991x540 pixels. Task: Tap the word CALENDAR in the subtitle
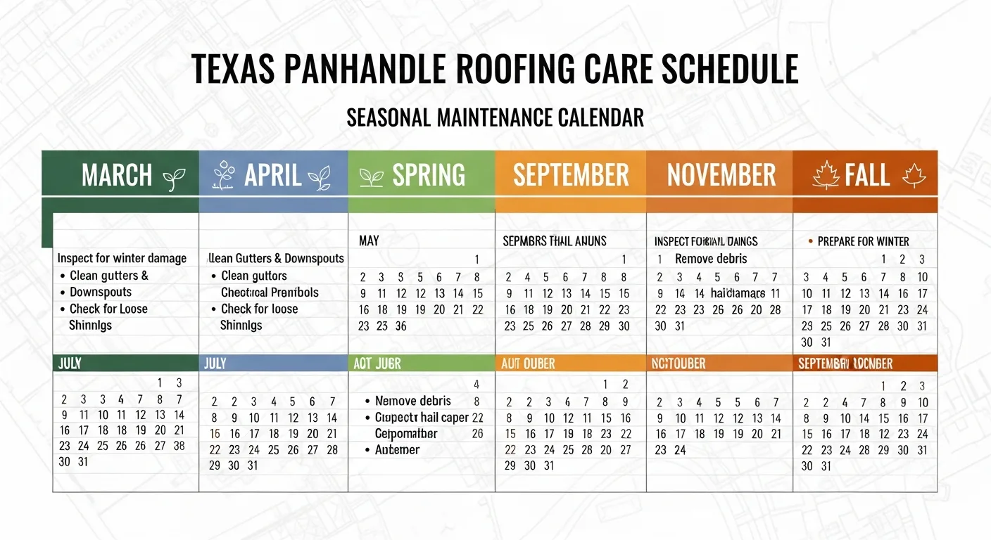click(600, 117)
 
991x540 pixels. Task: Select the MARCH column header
click(117, 175)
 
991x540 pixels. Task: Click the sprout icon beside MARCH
click(173, 179)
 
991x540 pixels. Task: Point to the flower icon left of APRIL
click(223, 175)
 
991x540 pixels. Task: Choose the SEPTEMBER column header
click(571, 175)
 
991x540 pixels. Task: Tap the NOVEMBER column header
click(721, 175)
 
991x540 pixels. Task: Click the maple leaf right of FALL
click(914, 175)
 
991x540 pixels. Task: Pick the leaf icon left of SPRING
click(371, 176)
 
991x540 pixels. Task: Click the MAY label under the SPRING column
click(369, 241)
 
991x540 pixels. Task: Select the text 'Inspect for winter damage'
click(122, 258)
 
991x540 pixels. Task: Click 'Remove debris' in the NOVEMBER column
click(711, 258)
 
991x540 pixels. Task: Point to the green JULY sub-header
click(70, 364)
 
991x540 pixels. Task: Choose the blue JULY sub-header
click(215, 364)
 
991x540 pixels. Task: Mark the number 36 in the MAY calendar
click(400, 326)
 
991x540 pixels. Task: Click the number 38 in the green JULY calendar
click(179, 445)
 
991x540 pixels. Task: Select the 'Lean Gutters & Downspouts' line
click(277, 258)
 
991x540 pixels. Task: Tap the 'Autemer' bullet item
click(397, 449)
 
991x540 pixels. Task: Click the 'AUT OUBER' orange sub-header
click(528, 364)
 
